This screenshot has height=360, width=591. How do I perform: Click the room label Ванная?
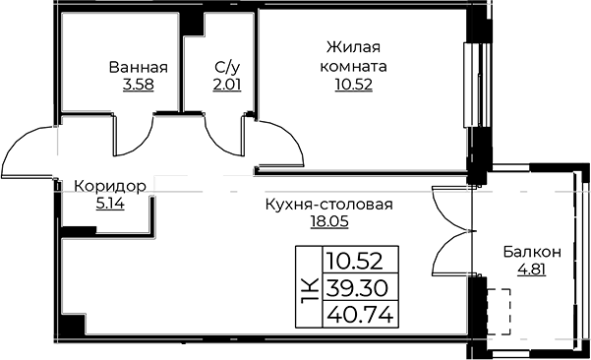pyautogui.click(x=139, y=68)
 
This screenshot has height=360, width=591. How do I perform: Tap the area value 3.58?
pyautogui.click(x=139, y=85)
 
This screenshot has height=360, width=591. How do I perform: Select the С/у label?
pyautogui.click(x=227, y=68)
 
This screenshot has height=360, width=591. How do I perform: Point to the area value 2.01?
pyautogui.click(x=227, y=85)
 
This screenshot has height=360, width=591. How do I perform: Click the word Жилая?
pyautogui.click(x=354, y=48)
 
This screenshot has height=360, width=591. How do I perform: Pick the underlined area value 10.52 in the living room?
pyautogui.click(x=354, y=85)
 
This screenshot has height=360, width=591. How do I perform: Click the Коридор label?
pyautogui.click(x=110, y=187)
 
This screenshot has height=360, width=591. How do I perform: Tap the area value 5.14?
pyautogui.click(x=110, y=205)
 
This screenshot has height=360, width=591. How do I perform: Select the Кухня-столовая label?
pyautogui.click(x=329, y=205)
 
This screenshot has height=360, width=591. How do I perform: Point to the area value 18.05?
pyautogui.click(x=329, y=221)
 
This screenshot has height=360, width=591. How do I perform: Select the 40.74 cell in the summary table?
pyautogui.click(x=360, y=315)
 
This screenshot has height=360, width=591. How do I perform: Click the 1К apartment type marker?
pyautogui.click(x=309, y=287)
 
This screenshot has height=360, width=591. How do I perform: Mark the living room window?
pyautogui.click(x=477, y=86)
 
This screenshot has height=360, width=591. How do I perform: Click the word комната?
pyautogui.click(x=354, y=67)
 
